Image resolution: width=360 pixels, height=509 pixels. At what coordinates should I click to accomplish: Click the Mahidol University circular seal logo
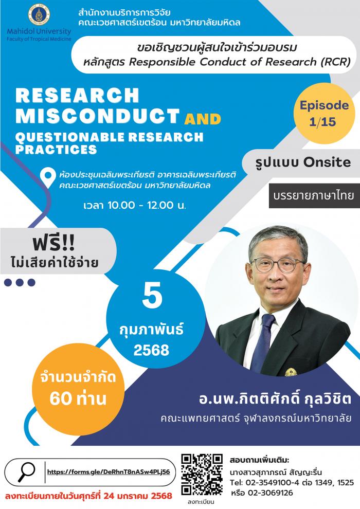(x=39, y=15)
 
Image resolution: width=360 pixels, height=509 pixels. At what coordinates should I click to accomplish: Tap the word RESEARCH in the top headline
(x=77, y=96)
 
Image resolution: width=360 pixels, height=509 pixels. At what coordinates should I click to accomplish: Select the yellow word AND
(x=203, y=119)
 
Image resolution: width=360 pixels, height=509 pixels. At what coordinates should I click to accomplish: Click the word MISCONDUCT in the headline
(x=97, y=116)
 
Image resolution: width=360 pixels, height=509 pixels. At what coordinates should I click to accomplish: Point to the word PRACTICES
(x=56, y=149)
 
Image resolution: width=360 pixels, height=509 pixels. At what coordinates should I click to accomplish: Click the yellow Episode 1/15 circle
(x=324, y=113)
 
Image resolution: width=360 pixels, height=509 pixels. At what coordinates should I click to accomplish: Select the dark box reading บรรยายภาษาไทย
(x=314, y=196)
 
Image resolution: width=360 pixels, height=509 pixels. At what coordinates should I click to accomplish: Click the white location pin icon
(x=48, y=178)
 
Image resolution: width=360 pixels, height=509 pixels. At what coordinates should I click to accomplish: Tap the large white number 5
(x=152, y=296)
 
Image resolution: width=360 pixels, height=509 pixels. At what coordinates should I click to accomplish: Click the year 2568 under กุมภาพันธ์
(x=151, y=350)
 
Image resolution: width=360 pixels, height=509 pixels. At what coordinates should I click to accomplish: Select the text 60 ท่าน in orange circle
(x=78, y=398)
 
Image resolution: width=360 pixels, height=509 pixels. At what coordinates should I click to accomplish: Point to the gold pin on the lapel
(x=291, y=372)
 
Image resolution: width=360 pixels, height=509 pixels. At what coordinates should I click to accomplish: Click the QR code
(x=202, y=474)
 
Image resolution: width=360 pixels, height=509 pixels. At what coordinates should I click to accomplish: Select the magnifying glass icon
(x=26, y=471)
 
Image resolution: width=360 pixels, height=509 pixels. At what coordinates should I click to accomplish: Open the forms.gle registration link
(x=109, y=472)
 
